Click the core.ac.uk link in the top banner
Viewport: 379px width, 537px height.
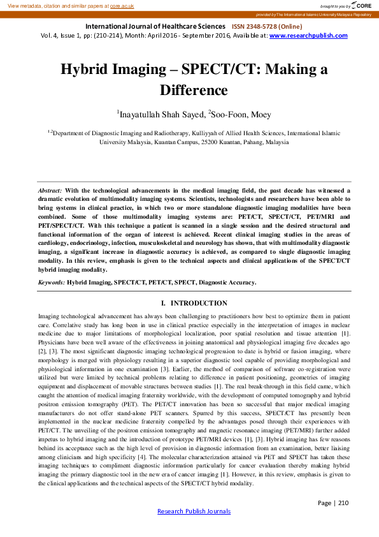coord(121,5)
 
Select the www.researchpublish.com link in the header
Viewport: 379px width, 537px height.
coord(309,36)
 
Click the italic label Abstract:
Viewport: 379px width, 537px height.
coord(50,190)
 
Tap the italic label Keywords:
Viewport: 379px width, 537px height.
coord(52,281)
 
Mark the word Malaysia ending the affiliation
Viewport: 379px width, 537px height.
coord(277,143)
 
